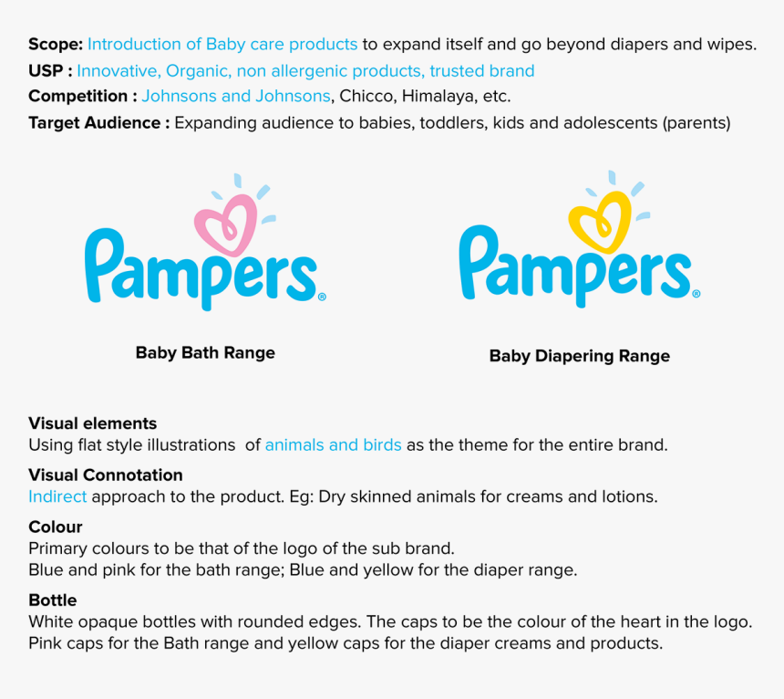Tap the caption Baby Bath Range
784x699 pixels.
[205, 353]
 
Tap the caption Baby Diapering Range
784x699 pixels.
[580, 356]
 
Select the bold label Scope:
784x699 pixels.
[56, 45]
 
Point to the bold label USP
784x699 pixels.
[46, 71]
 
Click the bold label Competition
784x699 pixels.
[78, 96]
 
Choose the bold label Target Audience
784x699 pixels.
[95, 123]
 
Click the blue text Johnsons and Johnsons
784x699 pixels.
[236, 96]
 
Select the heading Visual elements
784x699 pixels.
[92, 423]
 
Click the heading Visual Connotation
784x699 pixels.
[106, 475]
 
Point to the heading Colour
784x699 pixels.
[56, 527]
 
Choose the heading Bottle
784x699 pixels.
[53, 600]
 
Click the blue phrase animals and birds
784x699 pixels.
[333, 445]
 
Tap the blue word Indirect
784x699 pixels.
[57, 496]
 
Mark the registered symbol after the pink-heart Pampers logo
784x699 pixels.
[322, 297]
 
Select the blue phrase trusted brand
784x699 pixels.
[482, 71]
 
